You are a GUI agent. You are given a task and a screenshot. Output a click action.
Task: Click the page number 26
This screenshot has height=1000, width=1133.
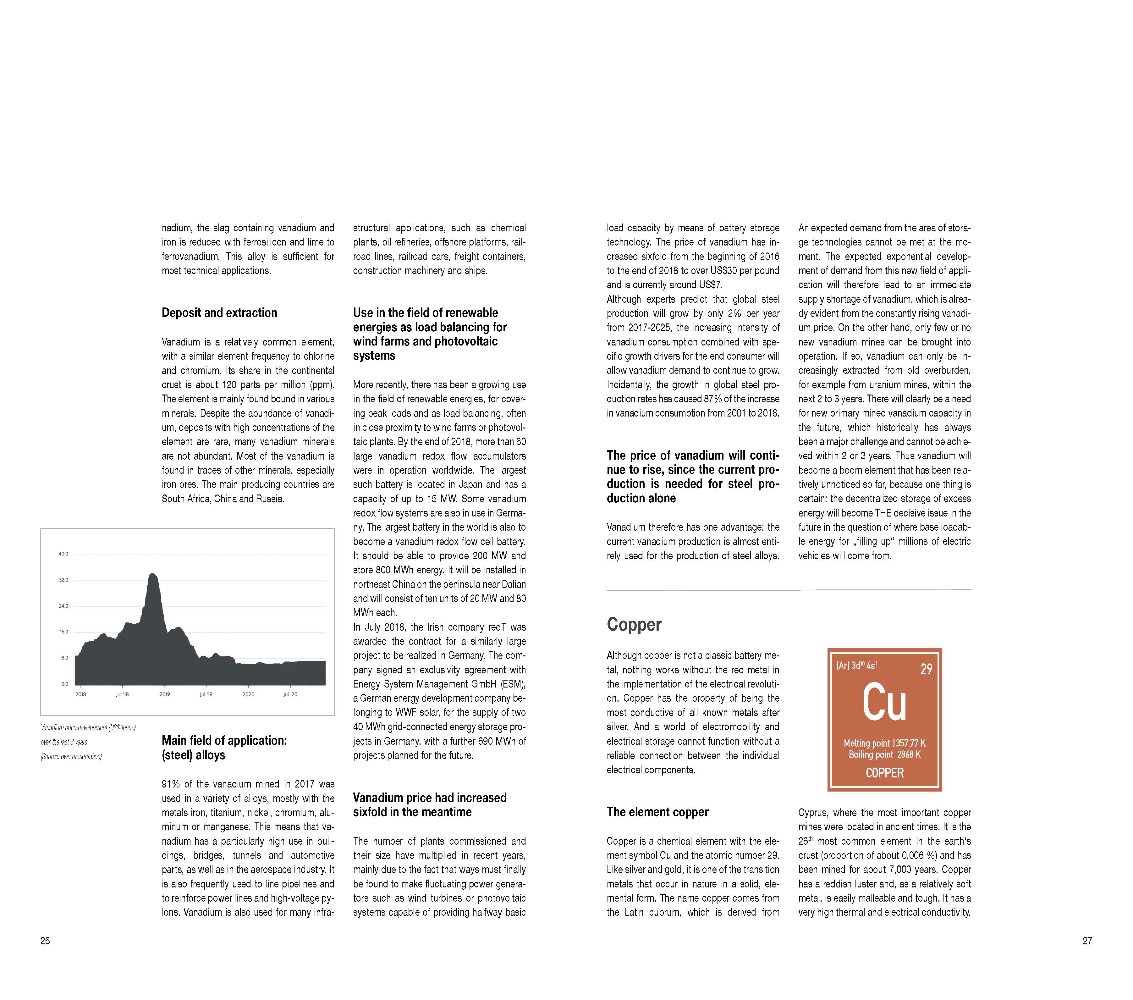pyautogui.click(x=45, y=940)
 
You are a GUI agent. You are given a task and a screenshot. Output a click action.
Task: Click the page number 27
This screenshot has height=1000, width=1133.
pyautogui.click(x=1087, y=940)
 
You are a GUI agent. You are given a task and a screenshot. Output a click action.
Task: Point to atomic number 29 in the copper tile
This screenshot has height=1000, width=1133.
pyautogui.click(x=926, y=669)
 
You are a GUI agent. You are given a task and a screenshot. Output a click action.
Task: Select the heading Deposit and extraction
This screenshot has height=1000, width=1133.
pyautogui.click(x=219, y=313)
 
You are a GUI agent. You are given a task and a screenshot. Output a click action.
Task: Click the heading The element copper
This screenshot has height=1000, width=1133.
pyautogui.click(x=657, y=811)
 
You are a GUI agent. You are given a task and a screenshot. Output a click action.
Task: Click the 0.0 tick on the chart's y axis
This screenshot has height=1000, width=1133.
pyautogui.click(x=65, y=683)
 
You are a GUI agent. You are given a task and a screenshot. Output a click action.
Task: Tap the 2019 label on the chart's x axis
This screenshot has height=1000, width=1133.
pyautogui.click(x=165, y=694)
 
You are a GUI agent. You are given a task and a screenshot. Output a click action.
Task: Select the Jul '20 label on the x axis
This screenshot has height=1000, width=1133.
pyautogui.click(x=290, y=694)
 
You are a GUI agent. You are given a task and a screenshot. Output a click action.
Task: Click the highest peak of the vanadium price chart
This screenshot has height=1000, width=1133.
pyautogui.click(x=152, y=575)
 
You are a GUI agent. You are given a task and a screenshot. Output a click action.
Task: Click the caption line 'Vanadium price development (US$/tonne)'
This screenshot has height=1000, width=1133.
pyautogui.click(x=88, y=727)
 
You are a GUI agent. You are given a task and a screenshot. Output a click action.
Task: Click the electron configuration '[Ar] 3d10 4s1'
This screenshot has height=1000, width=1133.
pyautogui.click(x=856, y=665)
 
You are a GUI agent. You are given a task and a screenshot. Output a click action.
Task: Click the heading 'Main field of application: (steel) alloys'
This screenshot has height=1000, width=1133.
pyautogui.click(x=224, y=747)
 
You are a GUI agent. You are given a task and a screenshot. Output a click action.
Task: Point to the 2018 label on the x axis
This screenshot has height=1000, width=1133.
pyautogui.click(x=81, y=694)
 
